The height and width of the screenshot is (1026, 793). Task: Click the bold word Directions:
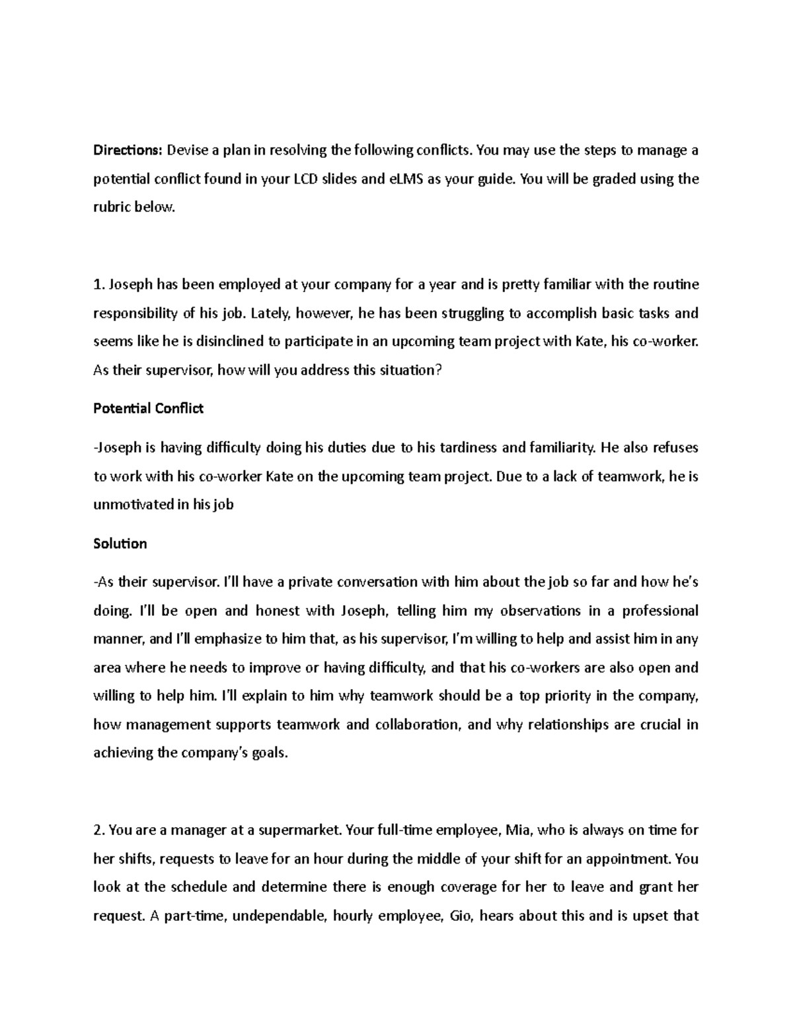(127, 150)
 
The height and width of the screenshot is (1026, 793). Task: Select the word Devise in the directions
(186, 150)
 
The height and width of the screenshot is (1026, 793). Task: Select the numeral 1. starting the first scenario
(99, 285)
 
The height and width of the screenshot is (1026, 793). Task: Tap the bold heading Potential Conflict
(148, 409)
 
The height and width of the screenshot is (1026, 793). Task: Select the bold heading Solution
(120, 544)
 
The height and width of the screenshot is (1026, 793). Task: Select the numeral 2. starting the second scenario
(99, 830)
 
